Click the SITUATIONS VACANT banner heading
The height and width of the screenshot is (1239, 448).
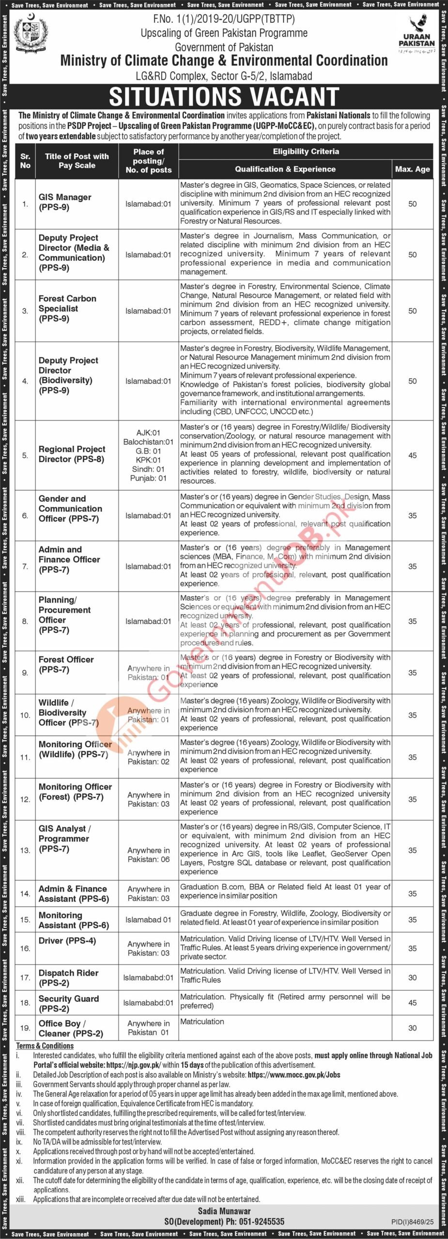[x=224, y=96]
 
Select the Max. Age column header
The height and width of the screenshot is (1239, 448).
[x=412, y=169]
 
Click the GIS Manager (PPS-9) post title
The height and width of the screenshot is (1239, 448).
[x=65, y=202]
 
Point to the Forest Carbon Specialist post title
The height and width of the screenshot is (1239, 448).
[x=67, y=308]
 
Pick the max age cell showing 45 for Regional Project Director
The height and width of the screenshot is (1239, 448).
[x=412, y=455]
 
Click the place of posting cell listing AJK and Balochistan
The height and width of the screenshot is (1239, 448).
[x=148, y=455]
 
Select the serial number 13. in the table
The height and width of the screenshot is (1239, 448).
[x=25, y=850]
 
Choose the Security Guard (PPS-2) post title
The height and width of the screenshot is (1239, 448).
[x=68, y=1003]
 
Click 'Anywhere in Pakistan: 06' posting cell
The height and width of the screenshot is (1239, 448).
[x=148, y=855]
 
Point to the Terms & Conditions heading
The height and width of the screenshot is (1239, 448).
[x=45, y=1045]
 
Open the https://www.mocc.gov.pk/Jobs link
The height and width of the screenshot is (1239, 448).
[x=294, y=1074]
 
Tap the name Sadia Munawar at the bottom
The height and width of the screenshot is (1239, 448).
[x=224, y=1211]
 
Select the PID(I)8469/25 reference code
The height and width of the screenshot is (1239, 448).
[x=412, y=1223]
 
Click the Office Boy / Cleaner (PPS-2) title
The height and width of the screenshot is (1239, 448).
[x=71, y=1028]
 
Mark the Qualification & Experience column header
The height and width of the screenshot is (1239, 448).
[x=285, y=169]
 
